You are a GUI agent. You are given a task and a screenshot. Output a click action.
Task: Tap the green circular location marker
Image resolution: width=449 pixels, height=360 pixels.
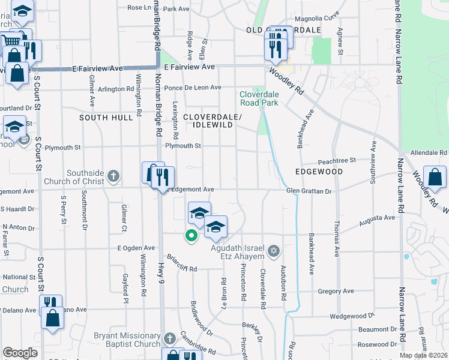pos(191,236)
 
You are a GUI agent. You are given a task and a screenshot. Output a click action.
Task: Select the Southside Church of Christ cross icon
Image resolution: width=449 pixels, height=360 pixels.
pos(113,176)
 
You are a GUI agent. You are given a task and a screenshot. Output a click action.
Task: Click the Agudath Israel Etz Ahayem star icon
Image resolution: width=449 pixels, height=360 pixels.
pos(274,250)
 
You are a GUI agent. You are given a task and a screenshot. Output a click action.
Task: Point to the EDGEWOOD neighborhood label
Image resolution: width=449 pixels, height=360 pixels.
pos(319,172)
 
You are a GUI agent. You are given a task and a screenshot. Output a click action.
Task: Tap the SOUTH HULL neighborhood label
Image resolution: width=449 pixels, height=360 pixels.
pos(106,118)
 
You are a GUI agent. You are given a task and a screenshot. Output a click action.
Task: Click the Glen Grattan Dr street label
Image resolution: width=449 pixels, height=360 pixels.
pos(309,191)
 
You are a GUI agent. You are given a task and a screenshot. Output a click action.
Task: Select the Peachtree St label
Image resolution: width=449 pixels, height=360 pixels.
pos(337,160)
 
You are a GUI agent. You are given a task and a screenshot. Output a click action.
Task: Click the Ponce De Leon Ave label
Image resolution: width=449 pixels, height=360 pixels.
pos(193,88)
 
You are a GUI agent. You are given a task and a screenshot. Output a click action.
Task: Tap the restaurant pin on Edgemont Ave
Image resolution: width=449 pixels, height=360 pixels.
pos(163,178)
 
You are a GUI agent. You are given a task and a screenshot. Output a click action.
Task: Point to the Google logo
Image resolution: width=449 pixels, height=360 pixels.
pos(20,353)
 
